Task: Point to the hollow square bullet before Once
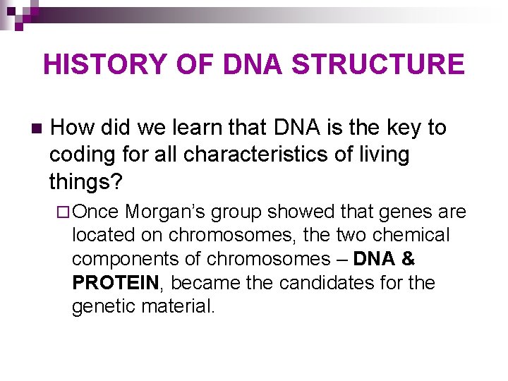click(62, 212)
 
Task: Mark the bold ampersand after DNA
click(407, 259)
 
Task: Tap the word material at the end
click(183, 307)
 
